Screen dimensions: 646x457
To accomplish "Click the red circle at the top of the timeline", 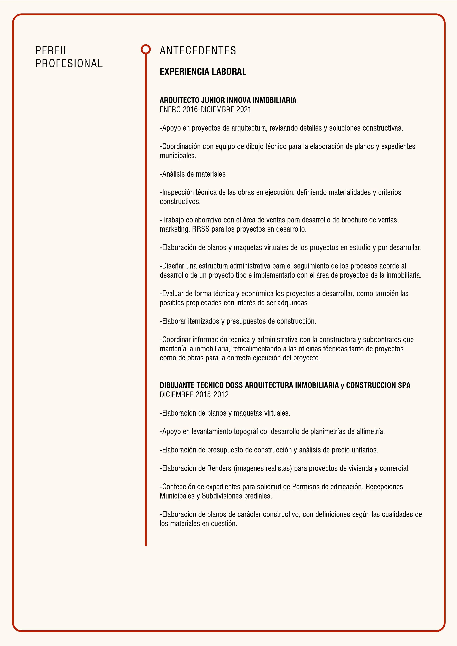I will point(146,49).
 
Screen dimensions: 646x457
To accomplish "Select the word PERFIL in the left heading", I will point(52,51).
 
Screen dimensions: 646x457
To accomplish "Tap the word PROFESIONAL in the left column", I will point(69,64).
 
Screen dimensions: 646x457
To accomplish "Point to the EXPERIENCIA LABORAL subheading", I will point(203,72).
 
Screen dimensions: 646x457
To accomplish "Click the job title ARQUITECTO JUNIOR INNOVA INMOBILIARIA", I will point(228,100).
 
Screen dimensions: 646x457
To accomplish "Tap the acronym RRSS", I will point(201,229).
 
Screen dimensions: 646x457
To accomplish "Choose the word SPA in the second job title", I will point(404,385).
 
